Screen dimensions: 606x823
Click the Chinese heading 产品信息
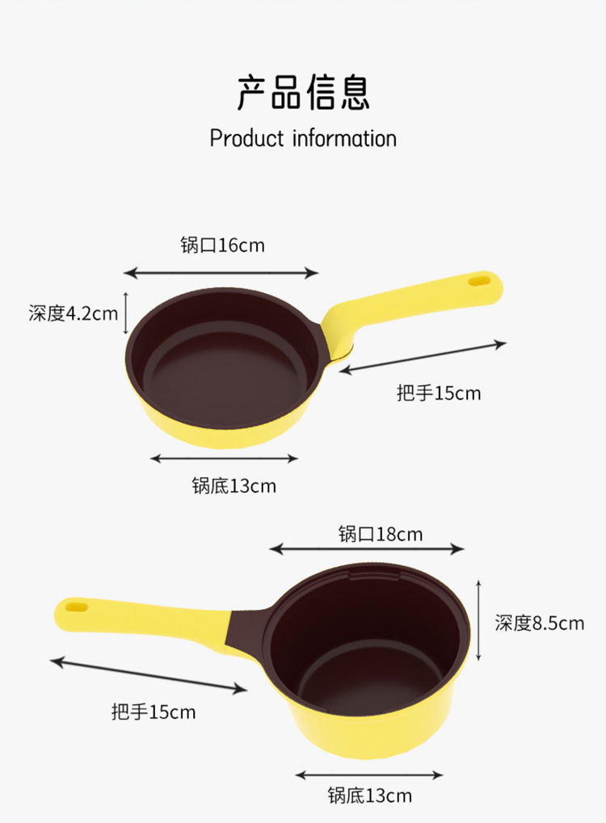(303, 91)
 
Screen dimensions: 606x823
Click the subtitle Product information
(303, 138)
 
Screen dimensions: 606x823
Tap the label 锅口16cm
(222, 245)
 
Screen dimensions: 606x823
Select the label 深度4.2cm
(73, 313)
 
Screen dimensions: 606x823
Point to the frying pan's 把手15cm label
(439, 393)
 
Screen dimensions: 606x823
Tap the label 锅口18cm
(380, 534)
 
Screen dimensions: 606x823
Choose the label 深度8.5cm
(539, 623)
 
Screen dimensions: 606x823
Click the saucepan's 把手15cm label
(154, 712)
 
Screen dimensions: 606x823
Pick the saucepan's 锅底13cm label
(369, 796)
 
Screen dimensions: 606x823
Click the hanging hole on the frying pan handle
(480, 282)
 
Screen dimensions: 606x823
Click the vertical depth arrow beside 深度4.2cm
(126, 313)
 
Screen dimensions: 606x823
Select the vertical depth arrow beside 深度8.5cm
(480, 619)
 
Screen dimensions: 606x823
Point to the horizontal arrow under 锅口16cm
(221, 274)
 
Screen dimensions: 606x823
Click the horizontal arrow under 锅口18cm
(367, 549)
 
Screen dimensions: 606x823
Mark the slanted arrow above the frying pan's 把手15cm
(423, 357)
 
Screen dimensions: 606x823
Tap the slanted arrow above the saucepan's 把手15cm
(149, 676)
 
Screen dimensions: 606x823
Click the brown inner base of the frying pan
(222, 378)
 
